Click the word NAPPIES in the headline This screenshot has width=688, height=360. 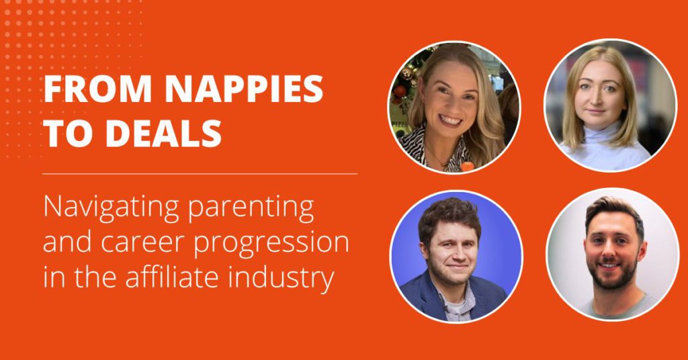click(x=245, y=89)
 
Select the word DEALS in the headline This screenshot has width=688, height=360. click(x=164, y=133)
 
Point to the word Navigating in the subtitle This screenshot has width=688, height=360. click(x=112, y=208)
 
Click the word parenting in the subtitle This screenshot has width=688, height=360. click(x=251, y=210)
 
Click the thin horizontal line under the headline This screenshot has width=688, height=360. click(x=200, y=174)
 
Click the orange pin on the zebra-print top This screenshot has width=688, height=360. click(x=467, y=166)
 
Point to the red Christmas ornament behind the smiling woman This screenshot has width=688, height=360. click(x=400, y=91)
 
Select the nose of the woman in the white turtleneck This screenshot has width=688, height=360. click(x=599, y=100)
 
